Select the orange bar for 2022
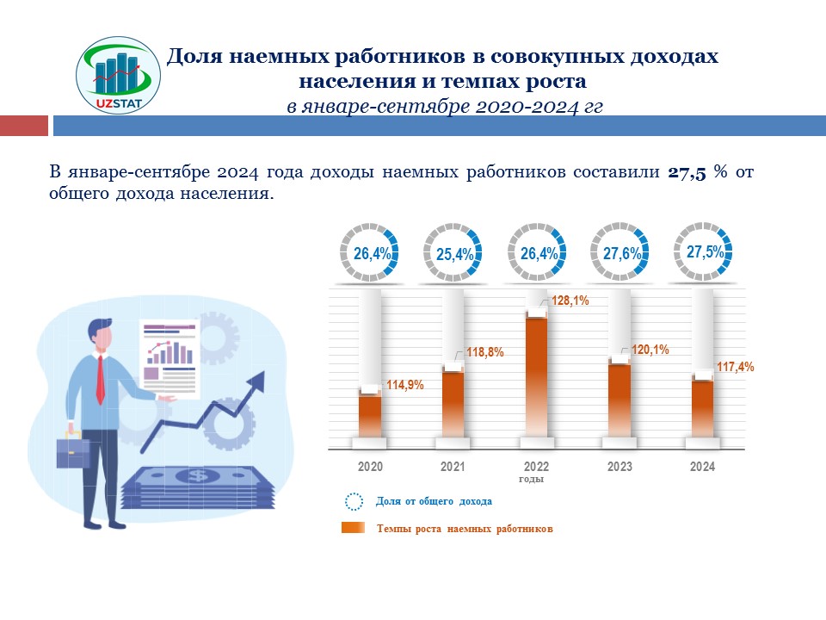click(536, 379)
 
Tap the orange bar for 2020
click(370, 418)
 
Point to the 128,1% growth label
click(570, 301)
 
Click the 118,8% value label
click(484, 352)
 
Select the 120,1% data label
click(650, 350)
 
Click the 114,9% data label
click(404, 385)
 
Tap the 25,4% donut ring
click(453, 253)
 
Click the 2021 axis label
click(453, 467)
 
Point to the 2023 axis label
click(619, 467)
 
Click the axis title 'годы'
click(532, 479)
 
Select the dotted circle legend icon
click(354, 502)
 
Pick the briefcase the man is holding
click(72, 449)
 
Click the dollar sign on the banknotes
click(199, 475)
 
